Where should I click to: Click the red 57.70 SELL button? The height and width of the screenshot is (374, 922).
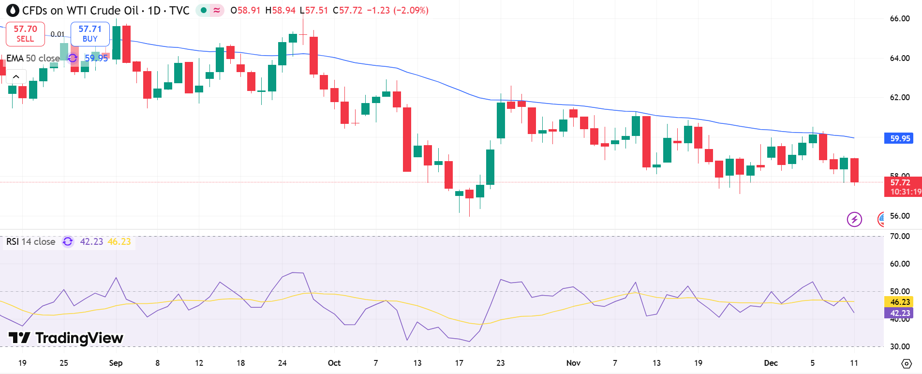pyautogui.click(x=25, y=34)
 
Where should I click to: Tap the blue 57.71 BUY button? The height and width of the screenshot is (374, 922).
pyautogui.click(x=90, y=34)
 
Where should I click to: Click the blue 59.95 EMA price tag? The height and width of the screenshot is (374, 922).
pyautogui.click(x=900, y=138)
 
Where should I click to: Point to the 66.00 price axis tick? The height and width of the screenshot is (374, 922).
pyautogui.click(x=900, y=19)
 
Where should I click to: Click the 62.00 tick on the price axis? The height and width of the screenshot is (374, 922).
pyautogui.click(x=900, y=97)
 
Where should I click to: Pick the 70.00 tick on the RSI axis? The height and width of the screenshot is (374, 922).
pyautogui.click(x=900, y=236)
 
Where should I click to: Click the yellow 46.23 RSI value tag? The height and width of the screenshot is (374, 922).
pyautogui.click(x=900, y=302)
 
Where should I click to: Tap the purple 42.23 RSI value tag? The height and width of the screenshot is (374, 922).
pyautogui.click(x=900, y=313)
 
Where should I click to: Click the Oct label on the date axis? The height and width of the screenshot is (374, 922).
pyautogui.click(x=334, y=363)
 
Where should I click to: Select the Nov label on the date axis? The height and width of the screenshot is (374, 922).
pyautogui.click(x=573, y=363)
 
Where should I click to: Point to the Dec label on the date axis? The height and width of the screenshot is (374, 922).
pyautogui.click(x=771, y=363)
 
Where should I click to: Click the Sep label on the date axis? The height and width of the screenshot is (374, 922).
pyautogui.click(x=116, y=363)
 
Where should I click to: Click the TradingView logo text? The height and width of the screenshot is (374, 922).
pyautogui.click(x=66, y=338)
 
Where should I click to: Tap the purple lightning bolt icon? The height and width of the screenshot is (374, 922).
pyautogui.click(x=854, y=219)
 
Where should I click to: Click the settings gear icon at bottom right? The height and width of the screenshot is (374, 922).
pyautogui.click(x=907, y=363)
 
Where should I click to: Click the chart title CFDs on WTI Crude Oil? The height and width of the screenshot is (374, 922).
pyautogui.click(x=80, y=11)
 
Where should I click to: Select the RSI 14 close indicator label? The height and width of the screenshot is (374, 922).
pyautogui.click(x=31, y=241)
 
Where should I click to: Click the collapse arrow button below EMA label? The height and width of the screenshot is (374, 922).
pyautogui.click(x=16, y=76)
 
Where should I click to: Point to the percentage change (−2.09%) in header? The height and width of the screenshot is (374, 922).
pyautogui.click(x=411, y=11)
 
